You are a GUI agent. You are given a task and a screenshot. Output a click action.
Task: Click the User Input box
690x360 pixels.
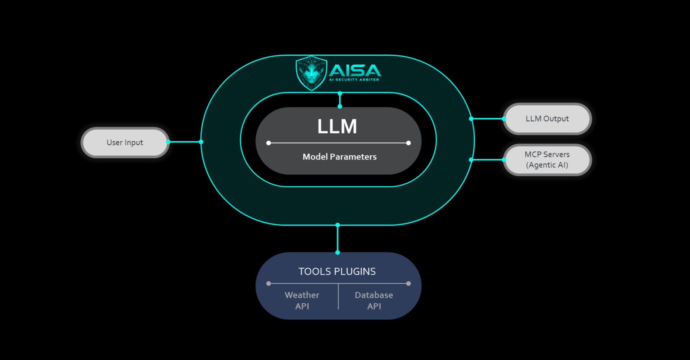pyautogui.click(x=125, y=142)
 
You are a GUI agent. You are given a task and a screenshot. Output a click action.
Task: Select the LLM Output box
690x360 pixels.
pyautogui.click(x=547, y=119)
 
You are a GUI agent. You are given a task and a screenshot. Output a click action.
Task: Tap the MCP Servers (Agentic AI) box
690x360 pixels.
pyautogui.click(x=547, y=160)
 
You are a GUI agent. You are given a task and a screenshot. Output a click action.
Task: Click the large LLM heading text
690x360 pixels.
pyautogui.click(x=337, y=126)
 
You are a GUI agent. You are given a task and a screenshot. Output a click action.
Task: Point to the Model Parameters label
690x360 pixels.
pyautogui.click(x=339, y=157)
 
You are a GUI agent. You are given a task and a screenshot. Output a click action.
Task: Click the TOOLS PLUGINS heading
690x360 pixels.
pyautogui.click(x=337, y=272)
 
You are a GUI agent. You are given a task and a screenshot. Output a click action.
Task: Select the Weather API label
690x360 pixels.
pyautogui.click(x=302, y=300)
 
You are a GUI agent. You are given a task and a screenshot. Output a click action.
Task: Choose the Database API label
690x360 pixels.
pyautogui.click(x=374, y=300)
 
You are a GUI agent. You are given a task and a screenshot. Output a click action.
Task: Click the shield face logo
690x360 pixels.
pyautogui.click(x=311, y=73)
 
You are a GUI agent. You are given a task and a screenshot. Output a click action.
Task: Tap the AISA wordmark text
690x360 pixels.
pyautogui.click(x=355, y=70)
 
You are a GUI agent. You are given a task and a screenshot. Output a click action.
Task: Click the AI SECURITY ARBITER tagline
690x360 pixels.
pyautogui.click(x=354, y=80)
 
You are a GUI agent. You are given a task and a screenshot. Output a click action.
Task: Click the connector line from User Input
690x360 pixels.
pyautogui.click(x=184, y=142)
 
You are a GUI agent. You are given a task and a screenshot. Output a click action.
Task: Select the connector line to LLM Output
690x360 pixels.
pyautogui.click(x=487, y=119)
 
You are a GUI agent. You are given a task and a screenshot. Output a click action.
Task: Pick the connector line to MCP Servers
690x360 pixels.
pyautogui.click(x=487, y=160)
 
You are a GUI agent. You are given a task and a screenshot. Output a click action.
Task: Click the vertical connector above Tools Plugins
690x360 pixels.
pyautogui.click(x=338, y=239)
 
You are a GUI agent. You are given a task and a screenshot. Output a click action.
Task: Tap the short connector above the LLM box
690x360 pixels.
pyautogui.click(x=340, y=100)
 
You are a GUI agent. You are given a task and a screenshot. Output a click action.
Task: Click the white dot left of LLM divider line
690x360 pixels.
pyautogui.click(x=268, y=143)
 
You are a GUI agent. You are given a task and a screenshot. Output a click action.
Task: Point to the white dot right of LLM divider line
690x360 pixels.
pyautogui.click(x=408, y=143)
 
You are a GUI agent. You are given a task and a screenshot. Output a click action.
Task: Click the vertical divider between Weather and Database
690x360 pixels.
pyautogui.click(x=338, y=297)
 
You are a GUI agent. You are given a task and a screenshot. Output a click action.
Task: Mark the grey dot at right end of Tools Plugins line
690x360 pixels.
pyautogui.click(x=408, y=283)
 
